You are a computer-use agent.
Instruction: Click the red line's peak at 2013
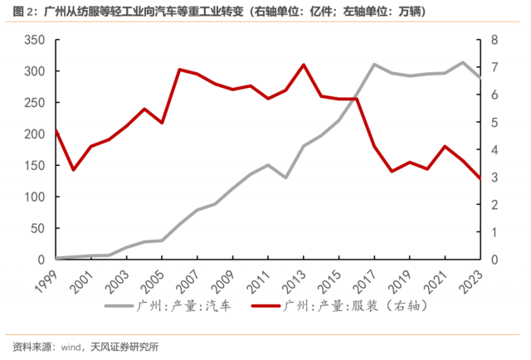click(x=304, y=65)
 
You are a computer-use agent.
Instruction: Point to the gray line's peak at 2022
click(x=463, y=62)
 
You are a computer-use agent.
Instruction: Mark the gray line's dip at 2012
click(x=285, y=178)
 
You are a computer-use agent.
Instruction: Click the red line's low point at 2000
click(x=74, y=170)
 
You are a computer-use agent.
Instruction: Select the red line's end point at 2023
click(x=480, y=178)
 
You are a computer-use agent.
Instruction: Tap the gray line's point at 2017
click(x=374, y=64)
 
